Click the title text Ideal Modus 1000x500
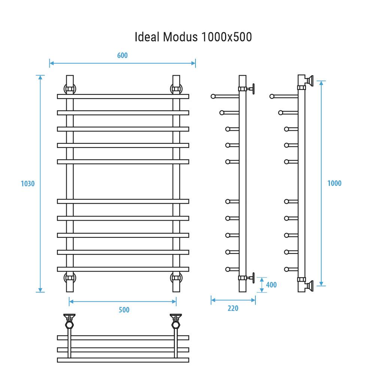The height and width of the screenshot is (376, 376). pos(193,37)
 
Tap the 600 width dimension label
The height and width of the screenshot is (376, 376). pos(122,55)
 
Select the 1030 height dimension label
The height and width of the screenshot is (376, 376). pos(27,184)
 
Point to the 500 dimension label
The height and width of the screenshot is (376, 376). pos(124,310)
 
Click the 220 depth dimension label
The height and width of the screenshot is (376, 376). pos(233,309)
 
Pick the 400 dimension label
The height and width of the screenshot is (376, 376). pos(271,285)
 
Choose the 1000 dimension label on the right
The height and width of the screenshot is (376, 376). pos(334,184)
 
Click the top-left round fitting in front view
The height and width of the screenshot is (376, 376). pos(70,89)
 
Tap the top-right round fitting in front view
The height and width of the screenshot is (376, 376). pos(176,89)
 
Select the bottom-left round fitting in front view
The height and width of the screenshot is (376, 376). pos(70,278)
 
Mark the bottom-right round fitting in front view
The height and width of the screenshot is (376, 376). pos(176,278)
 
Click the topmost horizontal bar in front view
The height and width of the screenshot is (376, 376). pos(123,97)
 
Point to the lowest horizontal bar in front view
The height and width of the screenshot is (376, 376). pos(123,269)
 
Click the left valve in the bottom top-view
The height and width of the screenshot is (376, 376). pos(70,320)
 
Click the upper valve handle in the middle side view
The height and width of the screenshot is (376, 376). pos(253,89)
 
